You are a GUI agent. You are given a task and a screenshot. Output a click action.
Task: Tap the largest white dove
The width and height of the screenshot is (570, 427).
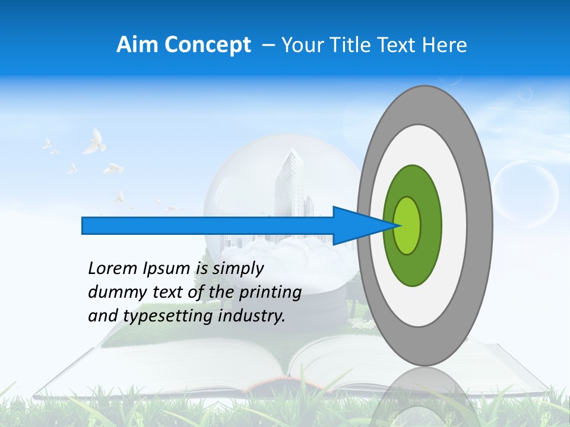93,142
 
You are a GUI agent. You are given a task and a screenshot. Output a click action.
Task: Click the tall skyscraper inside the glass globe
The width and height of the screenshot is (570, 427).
290,184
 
